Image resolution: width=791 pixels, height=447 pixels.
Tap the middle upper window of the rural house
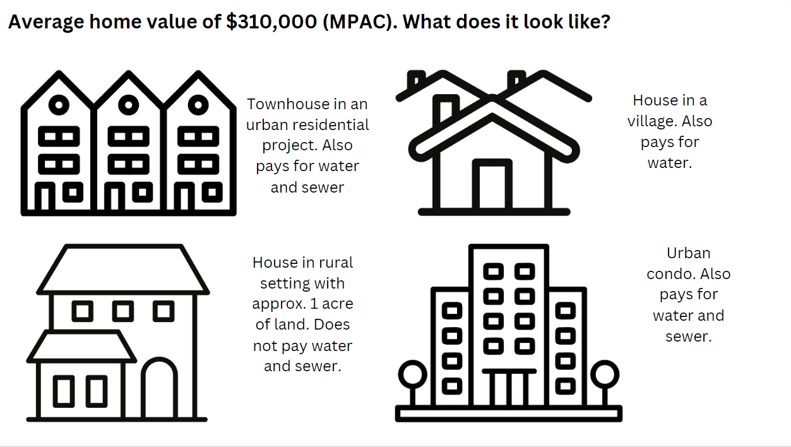click(123, 311)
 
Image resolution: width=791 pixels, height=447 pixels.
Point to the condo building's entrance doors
click(509, 388)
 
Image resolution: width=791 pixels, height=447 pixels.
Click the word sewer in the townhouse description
click(323, 188)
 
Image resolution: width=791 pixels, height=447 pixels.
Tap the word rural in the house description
click(337, 262)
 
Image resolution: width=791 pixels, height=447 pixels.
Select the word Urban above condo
click(688, 253)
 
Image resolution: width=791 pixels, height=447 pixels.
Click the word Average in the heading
click(45, 23)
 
